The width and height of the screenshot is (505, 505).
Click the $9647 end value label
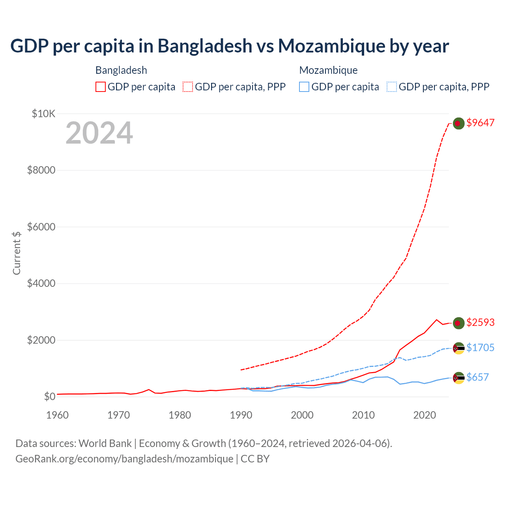[x=480, y=123]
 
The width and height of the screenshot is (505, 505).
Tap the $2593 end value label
[x=480, y=322]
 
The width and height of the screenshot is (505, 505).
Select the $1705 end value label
[x=480, y=348]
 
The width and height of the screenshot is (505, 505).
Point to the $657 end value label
[x=477, y=377]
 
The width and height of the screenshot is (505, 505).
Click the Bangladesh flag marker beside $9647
[x=458, y=123]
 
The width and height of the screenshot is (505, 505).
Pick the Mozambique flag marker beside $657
[x=458, y=378]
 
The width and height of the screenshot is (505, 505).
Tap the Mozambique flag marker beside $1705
[x=458, y=348]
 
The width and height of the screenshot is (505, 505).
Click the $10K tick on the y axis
[x=43, y=114]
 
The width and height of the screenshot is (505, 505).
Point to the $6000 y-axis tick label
[x=41, y=227]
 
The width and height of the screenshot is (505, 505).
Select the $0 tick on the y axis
[x=49, y=397]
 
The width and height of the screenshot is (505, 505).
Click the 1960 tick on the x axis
[x=57, y=415]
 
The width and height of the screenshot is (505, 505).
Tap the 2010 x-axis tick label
[x=363, y=415]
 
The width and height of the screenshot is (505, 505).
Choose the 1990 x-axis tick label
[x=241, y=415]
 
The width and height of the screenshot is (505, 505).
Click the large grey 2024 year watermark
[x=99, y=133]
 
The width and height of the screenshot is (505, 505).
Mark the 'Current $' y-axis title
[x=17, y=253]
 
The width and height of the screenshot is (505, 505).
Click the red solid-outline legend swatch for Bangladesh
[x=101, y=87]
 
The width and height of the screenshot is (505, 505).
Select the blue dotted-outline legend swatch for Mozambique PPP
[x=392, y=87]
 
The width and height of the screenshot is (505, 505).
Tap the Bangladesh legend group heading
[x=121, y=70]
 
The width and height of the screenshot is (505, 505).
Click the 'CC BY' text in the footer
[x=255, y=459]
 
